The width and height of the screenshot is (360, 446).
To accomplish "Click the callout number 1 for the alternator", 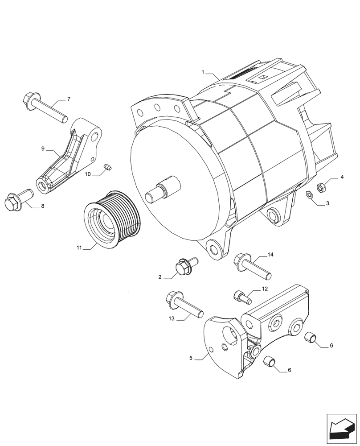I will (x=203, y=72).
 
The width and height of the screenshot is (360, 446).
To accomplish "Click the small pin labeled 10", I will (x=107, y=167).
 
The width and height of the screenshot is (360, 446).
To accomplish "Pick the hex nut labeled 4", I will (x=320, y=187).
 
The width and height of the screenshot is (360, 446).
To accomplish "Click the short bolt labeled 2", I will (x=184, y=266).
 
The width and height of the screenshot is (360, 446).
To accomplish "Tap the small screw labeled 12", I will (x=240, y=295).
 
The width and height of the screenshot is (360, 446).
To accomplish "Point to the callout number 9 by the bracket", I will (x=43, y=149).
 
